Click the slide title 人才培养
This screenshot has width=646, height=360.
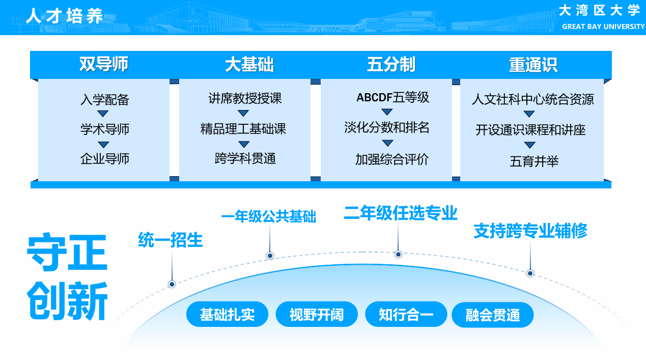(65, 16)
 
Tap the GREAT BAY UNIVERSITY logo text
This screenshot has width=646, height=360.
(603, 26)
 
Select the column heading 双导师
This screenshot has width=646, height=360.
(104, 65)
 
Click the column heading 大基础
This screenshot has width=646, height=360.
(249, 65)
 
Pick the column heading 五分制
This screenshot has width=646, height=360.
(391, 65)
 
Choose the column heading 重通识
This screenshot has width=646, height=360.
(533, 65)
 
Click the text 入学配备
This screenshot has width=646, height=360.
(105, 99)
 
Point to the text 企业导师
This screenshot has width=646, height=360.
(105, 159)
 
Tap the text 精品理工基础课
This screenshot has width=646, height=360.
(243, 129)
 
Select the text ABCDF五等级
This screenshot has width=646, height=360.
(392, 97)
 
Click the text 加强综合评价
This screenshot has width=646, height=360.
(391, 159)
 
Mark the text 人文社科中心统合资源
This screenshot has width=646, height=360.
(532, 99)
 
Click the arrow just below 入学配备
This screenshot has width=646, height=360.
(103, 114)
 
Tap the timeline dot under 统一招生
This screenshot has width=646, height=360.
(172, 284)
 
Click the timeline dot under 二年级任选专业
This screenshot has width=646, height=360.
(398, 254)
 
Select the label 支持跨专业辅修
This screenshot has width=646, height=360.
(530, 231)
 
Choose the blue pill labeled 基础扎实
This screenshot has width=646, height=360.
(227, 315)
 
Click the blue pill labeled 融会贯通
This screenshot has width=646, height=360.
(492, 315)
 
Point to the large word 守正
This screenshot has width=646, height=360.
(67, 253)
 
